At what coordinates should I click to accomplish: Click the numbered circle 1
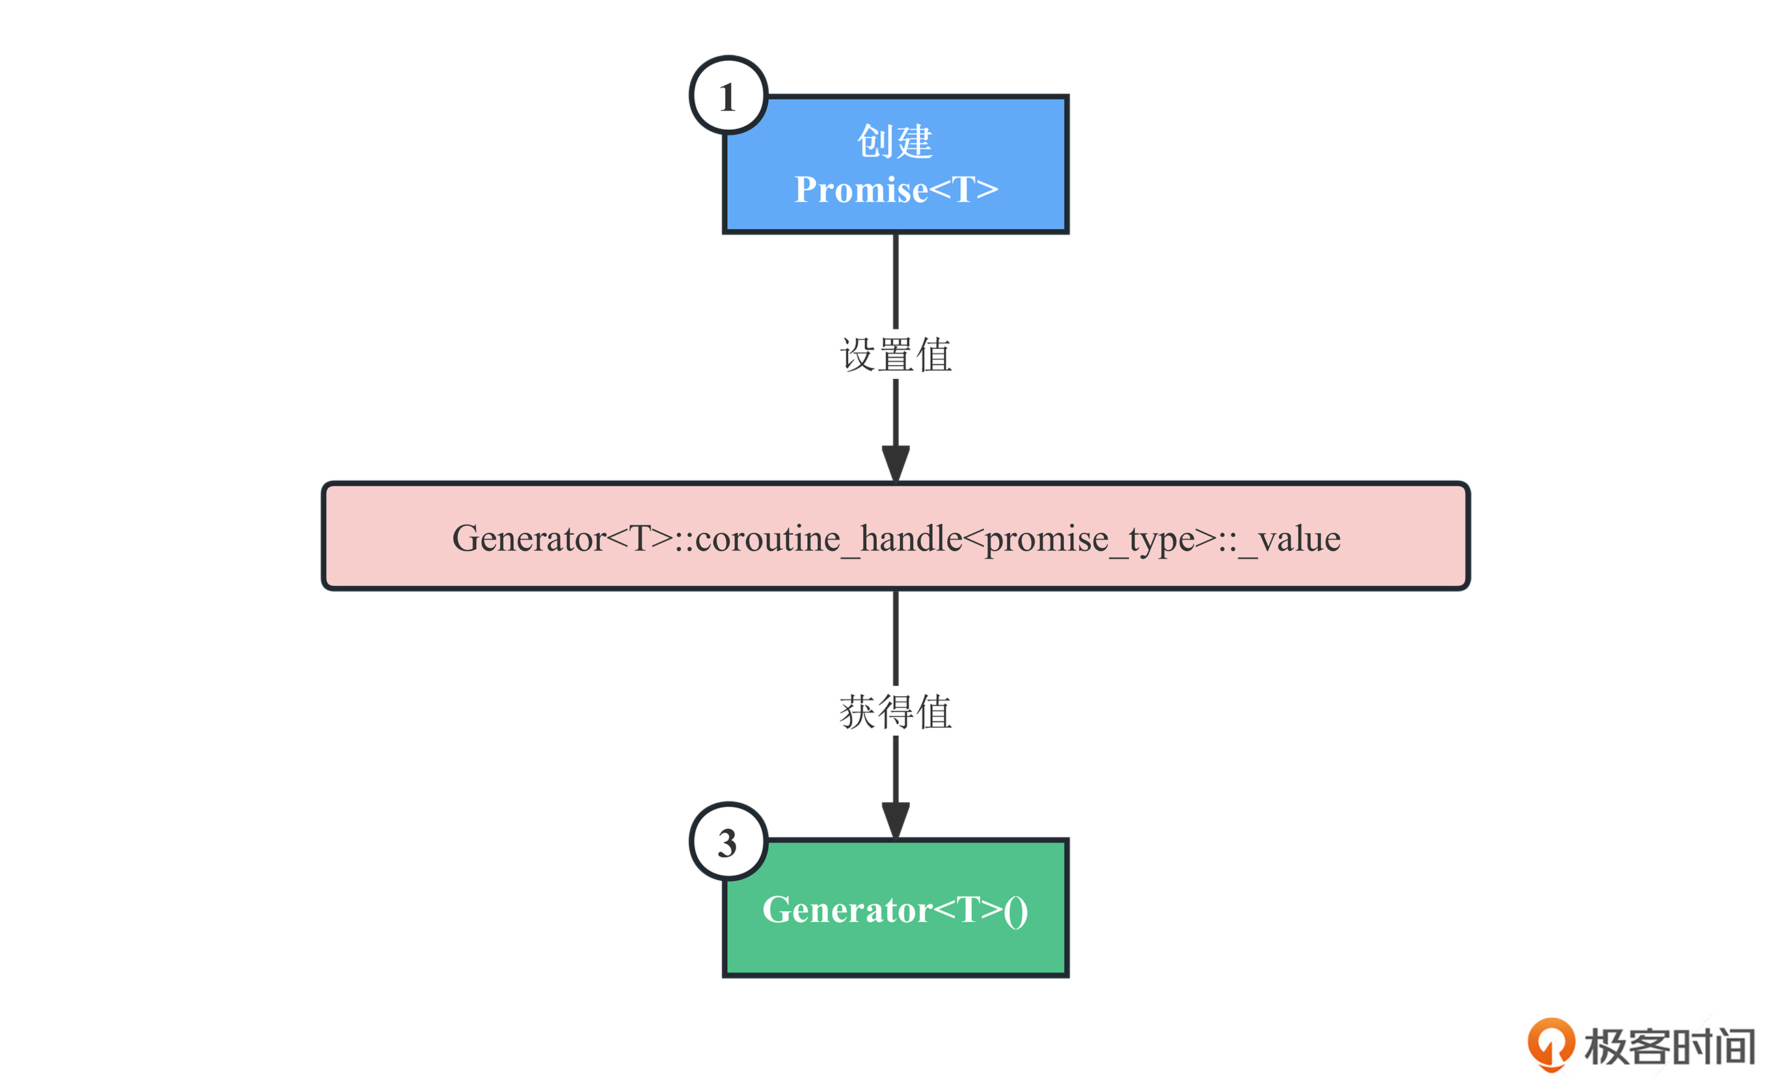(x=729, y=95)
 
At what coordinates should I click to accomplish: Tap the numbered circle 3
(x=729, y=841)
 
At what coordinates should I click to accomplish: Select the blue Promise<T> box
(x=896, y=165)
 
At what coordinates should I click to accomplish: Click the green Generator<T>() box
(x=896, y=908)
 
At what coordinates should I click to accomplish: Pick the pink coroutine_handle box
(x=896, y=536)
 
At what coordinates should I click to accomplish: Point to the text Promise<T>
(x=896, y=190)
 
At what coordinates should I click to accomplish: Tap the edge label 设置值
(x=896, y=355)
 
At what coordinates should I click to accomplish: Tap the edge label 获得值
(x=896, y=712)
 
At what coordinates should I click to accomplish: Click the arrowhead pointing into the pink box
(x=896, y=463)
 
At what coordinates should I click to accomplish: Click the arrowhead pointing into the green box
(x=896, y=821)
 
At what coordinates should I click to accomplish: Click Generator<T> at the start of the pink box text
(x=562, y=538)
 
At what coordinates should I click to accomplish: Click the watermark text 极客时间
(x=1669, y=1046)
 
